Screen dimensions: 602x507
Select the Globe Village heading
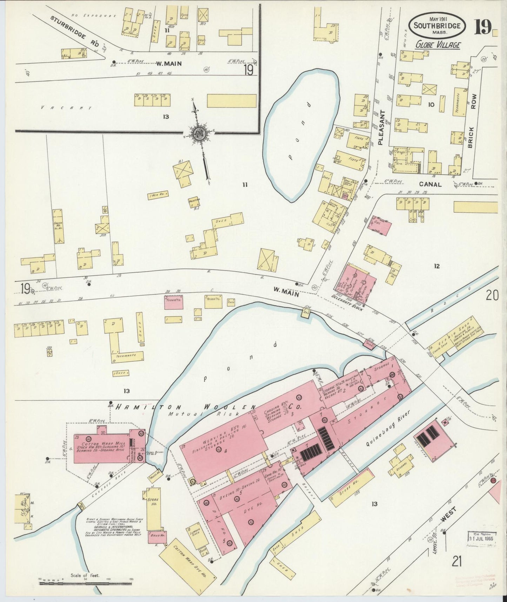click(x=438, y=45)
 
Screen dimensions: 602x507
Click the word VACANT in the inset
click(x=66, y=108)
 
